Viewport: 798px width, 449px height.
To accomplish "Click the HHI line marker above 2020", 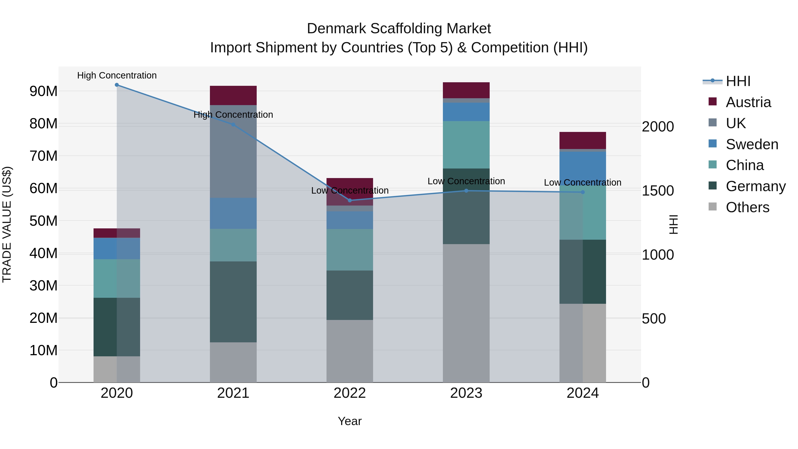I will [117, 85].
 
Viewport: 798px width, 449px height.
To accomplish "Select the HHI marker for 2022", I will [350, 200].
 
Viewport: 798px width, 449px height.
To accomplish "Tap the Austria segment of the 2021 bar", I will [233, 95].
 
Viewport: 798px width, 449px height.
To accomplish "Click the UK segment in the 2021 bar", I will [233, 151].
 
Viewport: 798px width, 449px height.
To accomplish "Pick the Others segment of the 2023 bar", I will [466, 313].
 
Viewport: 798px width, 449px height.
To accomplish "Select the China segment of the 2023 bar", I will [466, 145].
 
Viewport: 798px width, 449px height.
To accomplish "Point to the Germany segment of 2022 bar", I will [350, 295].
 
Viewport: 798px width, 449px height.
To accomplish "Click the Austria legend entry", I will [748, 102].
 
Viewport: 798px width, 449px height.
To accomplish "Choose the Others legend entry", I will [747, 207].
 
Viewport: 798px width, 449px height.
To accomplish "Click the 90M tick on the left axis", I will [43, 91].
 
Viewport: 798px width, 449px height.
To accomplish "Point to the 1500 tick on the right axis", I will [658, 191].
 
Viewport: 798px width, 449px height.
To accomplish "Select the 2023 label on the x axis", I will [466, 393].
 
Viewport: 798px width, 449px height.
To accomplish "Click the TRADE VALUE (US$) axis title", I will [7, 224].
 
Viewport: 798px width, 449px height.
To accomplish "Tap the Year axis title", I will [350, 421].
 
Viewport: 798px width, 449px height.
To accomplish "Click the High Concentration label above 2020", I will [117, 75].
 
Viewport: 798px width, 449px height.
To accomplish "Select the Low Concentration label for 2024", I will [583, 182].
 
